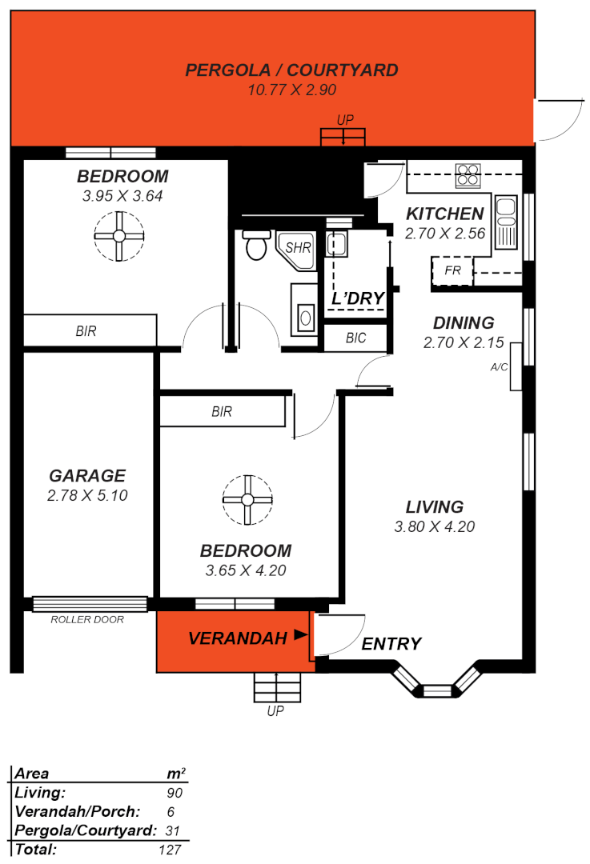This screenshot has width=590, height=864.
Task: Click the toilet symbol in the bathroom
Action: point(256,246)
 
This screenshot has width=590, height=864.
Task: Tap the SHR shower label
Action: point(298,248)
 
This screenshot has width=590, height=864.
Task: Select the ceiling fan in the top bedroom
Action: point(118,235)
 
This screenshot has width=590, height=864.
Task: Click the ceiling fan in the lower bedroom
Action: point(247,500)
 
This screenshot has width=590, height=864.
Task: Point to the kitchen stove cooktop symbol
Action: point(468,175)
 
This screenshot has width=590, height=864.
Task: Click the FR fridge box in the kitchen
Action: point(452,270)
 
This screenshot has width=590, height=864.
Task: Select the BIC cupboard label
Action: point(355,338)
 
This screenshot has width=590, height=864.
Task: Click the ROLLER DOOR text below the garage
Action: point(87,619)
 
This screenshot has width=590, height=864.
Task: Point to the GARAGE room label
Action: point(87,476)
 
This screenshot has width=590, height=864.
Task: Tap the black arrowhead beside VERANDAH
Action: point(300,635)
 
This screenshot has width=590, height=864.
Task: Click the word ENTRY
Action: point(391,644)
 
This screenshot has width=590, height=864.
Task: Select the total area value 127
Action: point(171,850)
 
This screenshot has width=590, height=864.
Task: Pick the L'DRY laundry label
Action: point(358,298)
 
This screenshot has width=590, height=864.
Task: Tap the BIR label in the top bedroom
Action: point(86,330)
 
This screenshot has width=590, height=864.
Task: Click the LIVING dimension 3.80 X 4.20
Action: point(434,526)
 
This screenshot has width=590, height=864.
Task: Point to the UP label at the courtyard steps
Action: point(345,120)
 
